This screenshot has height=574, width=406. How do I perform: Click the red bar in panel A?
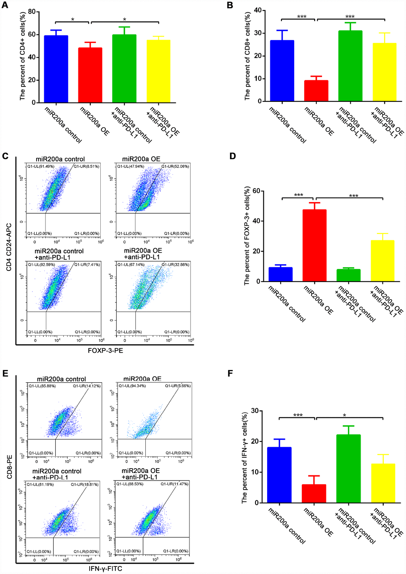(x=90, y=75)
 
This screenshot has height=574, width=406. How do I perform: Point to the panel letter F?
(x=229, y=374)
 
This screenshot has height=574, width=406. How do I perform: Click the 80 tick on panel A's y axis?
(x=31, y=12)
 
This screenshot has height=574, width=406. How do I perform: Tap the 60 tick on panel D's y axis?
(x=256, y=191)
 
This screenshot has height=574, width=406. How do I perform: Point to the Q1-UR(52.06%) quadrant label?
(x=175, y=166)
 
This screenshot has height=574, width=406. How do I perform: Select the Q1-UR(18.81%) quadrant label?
(x=85, y=484)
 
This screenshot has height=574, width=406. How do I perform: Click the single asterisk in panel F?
(x=344, y=416)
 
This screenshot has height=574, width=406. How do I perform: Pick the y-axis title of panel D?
(x=247, y=235)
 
